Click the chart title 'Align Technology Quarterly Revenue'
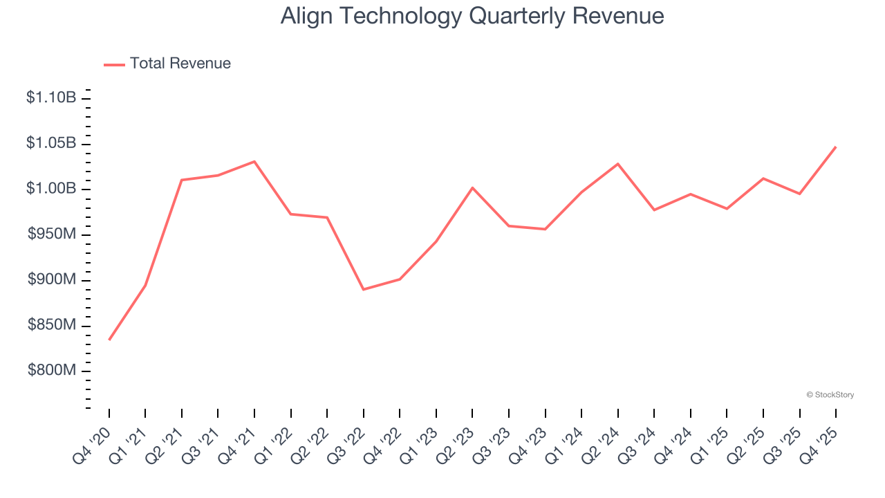472,16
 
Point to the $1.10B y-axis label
51,98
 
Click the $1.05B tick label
51,143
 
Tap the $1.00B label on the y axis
51,189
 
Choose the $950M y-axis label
52,234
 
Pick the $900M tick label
52,279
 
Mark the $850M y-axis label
52,325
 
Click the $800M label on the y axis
52,371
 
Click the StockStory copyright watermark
830,395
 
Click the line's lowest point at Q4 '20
109,340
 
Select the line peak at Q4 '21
254,161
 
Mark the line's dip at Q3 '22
364,289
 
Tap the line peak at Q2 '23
472,187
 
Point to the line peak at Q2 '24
617,164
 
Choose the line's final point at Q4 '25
836,147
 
